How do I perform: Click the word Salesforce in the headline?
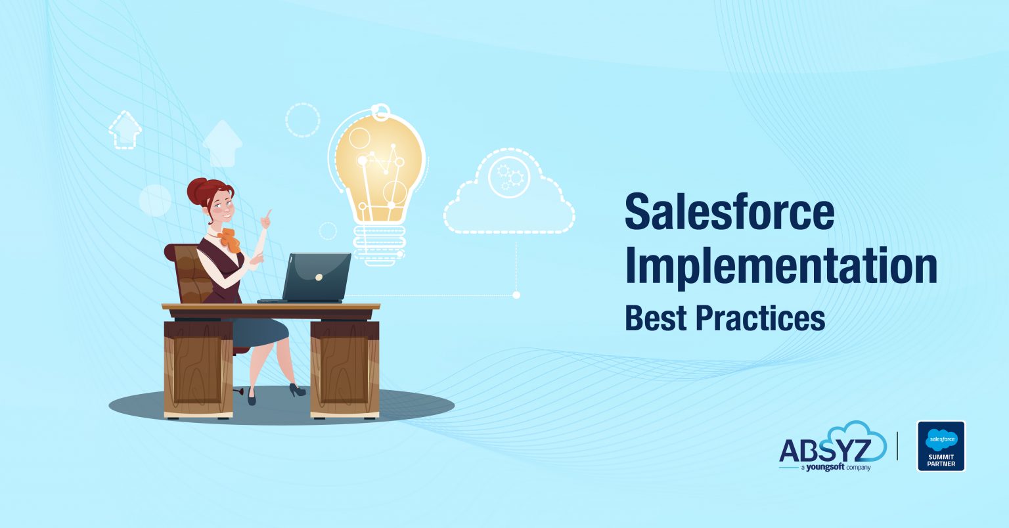729,211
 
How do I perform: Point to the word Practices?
760,318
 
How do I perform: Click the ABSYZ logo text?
824,451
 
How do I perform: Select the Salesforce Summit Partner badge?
941,446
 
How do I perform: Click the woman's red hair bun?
199,191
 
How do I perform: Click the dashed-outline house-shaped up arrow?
125,130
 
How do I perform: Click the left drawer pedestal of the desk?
198,368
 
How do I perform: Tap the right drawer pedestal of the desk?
344,368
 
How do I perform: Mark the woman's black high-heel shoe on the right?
297,390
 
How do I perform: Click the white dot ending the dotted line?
516,295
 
